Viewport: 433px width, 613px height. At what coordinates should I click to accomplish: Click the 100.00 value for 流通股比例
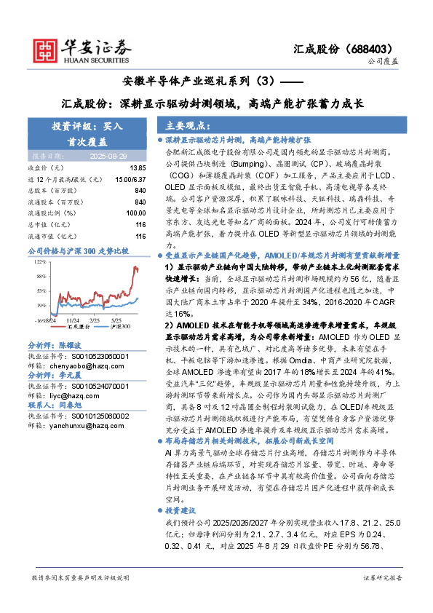(136, 213)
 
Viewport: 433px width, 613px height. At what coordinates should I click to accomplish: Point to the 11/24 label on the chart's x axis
(74, 319)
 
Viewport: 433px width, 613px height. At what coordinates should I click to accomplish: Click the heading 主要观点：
(188, 126)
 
